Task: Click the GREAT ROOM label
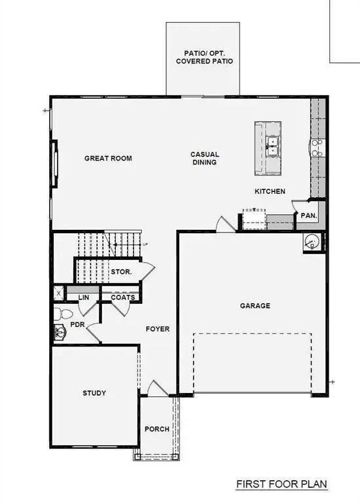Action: [108, 158]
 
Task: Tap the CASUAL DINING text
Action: [205, 158]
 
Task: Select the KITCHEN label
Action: [270, 191]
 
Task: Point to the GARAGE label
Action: [255, 305]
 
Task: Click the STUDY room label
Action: [94, 393]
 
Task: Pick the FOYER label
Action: [158, 329]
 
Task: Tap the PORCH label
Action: [157, 430]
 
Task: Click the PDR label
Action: [77, 324]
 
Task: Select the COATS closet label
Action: [123, 297]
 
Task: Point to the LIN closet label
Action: [83, 297]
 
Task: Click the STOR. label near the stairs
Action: [122, 271]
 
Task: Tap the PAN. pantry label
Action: [308, 215]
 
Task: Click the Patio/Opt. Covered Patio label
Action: [204, 57]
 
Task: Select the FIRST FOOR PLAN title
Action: [281, 485]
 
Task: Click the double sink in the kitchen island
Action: [273, 145]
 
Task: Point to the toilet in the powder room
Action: [59, 314]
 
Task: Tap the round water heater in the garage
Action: [312, 242]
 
